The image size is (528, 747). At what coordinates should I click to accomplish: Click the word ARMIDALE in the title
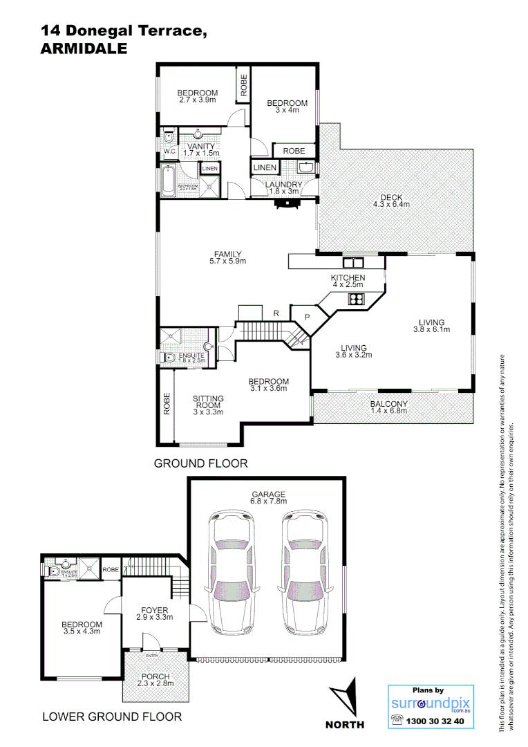[x=84, y=48]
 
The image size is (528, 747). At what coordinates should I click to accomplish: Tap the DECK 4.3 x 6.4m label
[x=391, y=201]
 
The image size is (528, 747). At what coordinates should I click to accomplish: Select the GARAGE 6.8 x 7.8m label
[x=268, y=498]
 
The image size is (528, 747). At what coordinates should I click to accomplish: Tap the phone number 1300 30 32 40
[x=438, y=721]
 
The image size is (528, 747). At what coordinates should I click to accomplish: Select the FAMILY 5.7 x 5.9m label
[x=227, y=257]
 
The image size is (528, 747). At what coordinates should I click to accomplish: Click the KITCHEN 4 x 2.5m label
[x=348, y=281]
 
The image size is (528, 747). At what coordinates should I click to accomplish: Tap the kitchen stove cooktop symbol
[x=357, y=299]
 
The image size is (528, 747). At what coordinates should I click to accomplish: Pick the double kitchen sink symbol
[x=353, y=261]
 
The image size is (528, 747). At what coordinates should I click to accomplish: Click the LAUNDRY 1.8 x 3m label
[x=283, y=188]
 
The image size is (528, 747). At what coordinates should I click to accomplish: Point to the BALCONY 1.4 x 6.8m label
[x=388, y=407]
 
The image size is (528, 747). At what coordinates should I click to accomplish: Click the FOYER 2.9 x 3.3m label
[x=154, y=614]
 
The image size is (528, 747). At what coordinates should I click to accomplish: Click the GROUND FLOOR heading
[x=200, y=463]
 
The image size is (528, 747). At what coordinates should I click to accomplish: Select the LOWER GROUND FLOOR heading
[x=112, y=717]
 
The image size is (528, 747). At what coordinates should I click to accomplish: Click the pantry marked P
[x=305, y=317]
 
